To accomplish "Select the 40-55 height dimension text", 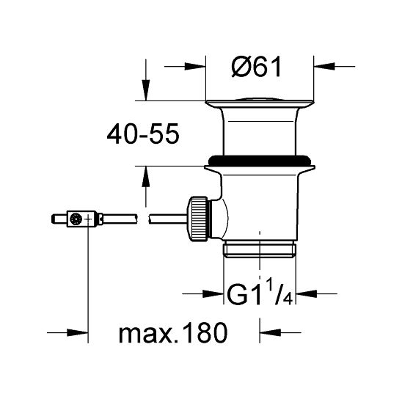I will point(143,134).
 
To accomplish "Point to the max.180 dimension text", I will point(173,335).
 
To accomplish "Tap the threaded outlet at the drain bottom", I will point(260,249).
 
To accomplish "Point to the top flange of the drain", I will point(260,101).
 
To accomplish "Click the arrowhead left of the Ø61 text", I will point(195,66).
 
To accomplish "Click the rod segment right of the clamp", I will point(117,219).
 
